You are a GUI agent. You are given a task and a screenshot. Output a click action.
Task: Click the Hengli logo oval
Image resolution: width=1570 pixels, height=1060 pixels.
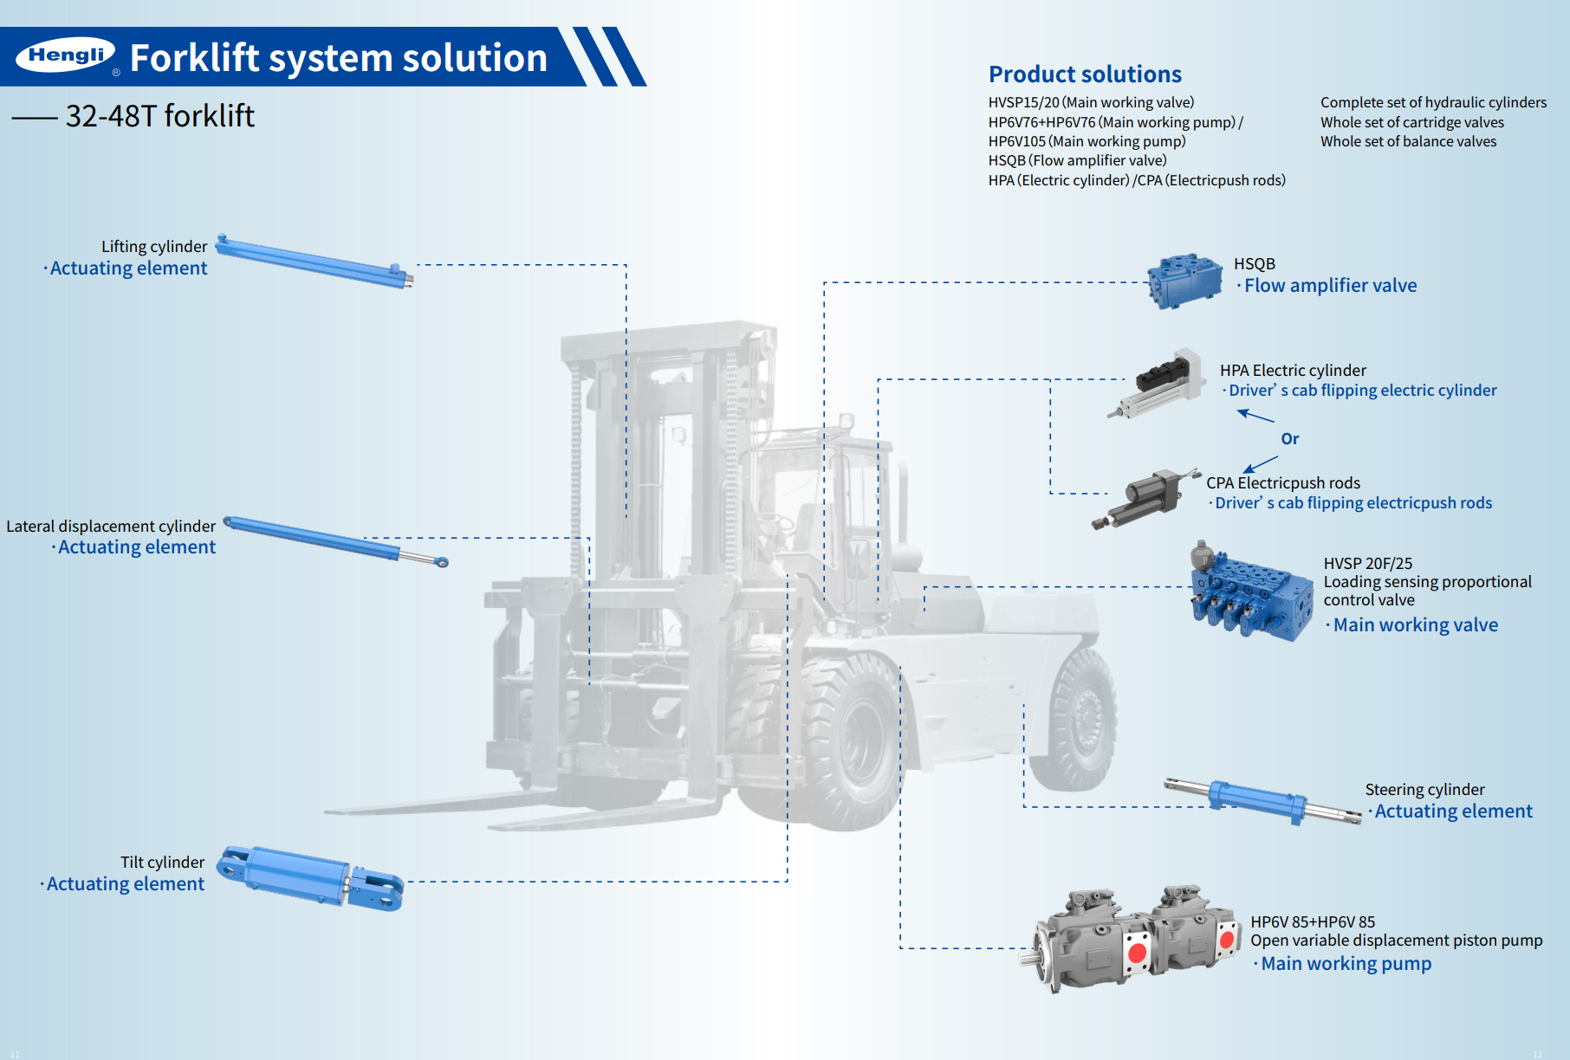click(66, 55)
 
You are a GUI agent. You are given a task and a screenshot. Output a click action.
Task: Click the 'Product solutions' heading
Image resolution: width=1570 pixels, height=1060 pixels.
click(1085, 74)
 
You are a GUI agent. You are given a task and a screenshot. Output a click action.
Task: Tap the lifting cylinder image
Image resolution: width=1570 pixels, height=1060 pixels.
click(315, 262)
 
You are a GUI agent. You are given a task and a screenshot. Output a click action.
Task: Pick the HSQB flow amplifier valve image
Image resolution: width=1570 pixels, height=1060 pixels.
click(1184, 281)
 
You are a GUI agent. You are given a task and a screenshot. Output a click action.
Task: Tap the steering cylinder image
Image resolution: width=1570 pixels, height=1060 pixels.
click(1261, 801)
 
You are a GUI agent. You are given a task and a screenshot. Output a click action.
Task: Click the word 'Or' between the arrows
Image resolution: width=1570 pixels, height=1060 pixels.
click(1289, 439)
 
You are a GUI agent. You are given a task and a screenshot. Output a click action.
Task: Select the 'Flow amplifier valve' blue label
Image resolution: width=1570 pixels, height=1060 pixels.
click(1330, 286)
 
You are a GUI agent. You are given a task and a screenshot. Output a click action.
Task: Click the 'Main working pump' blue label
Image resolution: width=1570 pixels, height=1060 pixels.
click(1346, 964)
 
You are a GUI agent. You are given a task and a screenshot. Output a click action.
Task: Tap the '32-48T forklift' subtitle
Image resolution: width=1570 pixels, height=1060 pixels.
click(160, 116)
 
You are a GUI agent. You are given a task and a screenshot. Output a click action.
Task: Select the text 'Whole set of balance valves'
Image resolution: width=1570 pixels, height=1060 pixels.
click(1408, 142)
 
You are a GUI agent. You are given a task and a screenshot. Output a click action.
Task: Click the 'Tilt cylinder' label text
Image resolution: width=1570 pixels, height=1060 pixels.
click(162, 863)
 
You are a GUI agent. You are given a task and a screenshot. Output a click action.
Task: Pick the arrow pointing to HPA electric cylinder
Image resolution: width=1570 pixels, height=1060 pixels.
click(1255, 416)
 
